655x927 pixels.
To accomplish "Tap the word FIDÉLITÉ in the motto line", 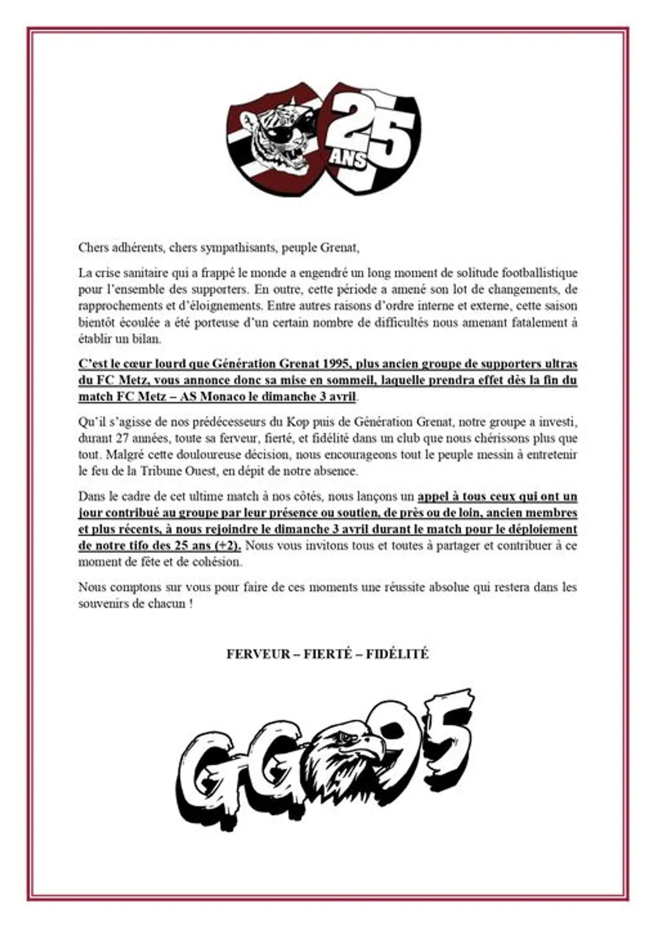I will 397,654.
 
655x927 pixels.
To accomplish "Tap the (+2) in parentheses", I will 229,546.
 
